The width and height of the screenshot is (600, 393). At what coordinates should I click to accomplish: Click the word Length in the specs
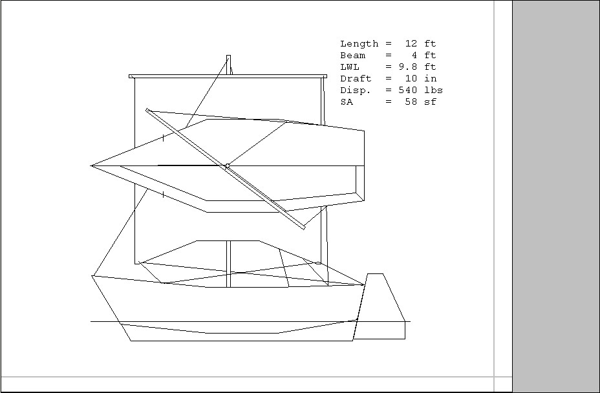click(359, 44)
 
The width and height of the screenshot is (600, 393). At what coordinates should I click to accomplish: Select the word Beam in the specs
click(352, 56)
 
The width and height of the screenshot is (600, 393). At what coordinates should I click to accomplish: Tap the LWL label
click(350, 67)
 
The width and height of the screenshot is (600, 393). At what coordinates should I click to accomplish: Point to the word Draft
click(356, 79)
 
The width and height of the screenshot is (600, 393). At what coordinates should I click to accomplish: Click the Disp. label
click(356, 90)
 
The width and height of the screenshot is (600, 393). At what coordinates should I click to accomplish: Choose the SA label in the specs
click(347, 102)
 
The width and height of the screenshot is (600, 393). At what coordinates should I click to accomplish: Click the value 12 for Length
click(411, 44)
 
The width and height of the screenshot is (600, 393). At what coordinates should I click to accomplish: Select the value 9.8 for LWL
click(408, 67)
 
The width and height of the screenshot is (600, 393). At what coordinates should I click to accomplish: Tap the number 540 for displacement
click(408, 90)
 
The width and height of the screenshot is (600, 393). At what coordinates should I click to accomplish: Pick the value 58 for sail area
click(411, 102)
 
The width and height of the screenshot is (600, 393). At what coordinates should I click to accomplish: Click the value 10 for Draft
click(411, 79)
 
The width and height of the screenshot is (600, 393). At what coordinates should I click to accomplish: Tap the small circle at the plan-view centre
click(228, 166)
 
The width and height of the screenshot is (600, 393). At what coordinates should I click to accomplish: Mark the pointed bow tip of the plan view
click(92, 166)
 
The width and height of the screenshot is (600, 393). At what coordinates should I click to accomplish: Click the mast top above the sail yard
click(228, 58)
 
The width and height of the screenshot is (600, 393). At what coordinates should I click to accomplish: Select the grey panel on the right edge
click(556, 194)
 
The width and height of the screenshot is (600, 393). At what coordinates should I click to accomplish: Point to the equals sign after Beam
click(389, 56)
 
